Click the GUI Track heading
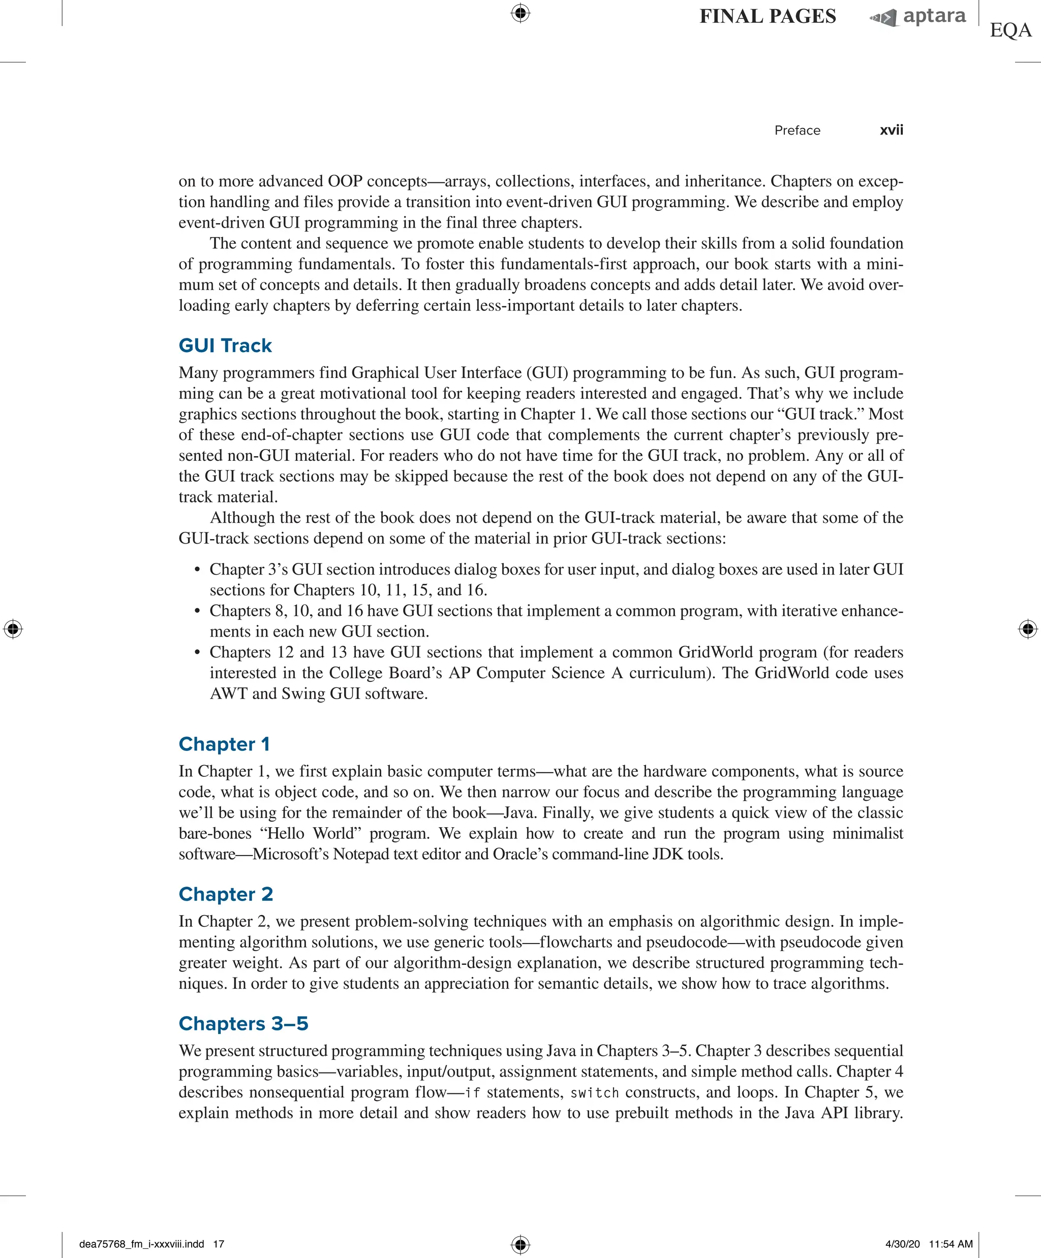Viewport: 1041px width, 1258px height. (225, 345)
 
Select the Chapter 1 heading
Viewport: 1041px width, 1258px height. (224, 744)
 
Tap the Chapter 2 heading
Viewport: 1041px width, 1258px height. (225, 894)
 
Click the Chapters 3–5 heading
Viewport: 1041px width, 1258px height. (243, 1023)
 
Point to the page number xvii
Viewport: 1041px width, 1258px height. (891, 131)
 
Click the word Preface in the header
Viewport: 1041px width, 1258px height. (797, 131)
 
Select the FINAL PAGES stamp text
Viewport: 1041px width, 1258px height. (767, 16)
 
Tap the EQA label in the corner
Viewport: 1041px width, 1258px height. (1011, 30)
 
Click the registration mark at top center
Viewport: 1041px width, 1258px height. (520, 13)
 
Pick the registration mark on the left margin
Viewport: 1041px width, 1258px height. (13, 629)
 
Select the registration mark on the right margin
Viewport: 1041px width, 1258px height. (1027, 629)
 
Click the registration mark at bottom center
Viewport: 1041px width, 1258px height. (520, 1244)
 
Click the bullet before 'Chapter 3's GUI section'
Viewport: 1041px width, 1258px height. (197, 570)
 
